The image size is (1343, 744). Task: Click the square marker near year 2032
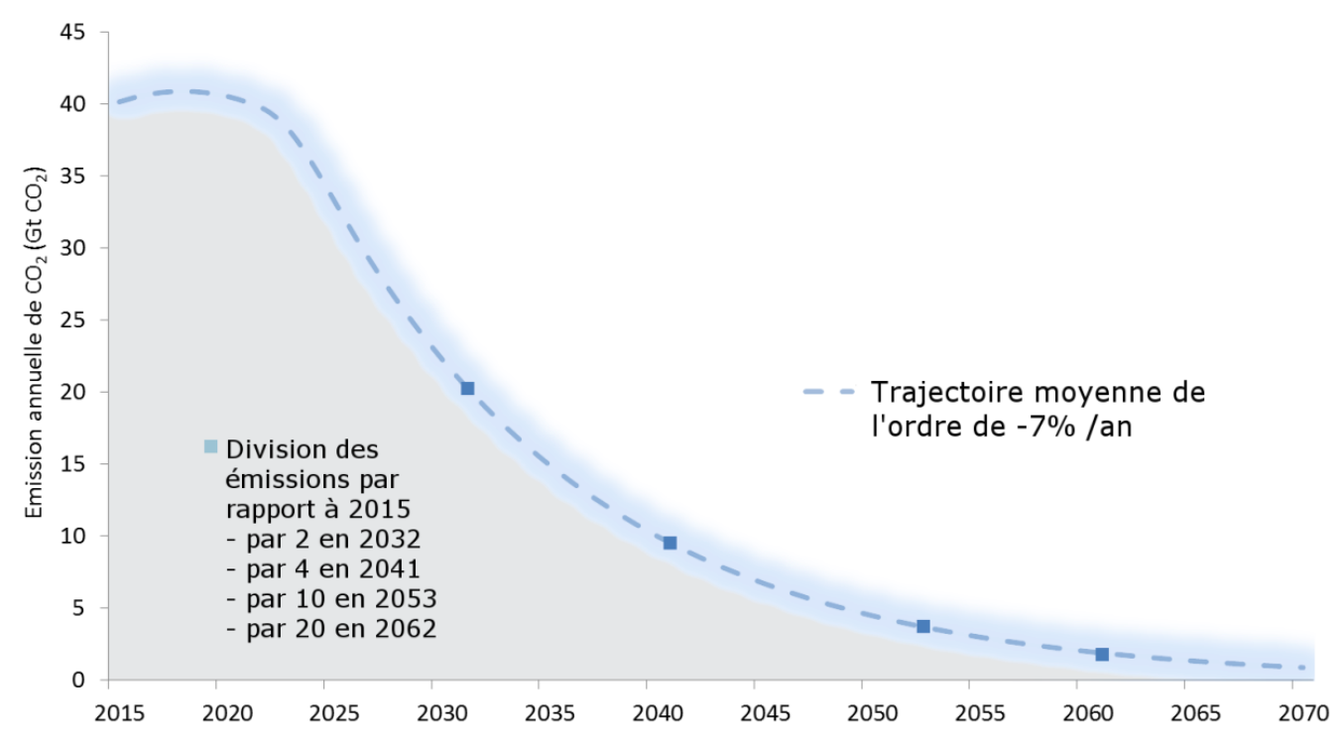tap(467, 388)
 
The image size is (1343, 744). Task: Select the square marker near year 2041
tap(670, 543)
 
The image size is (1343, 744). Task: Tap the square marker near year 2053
tap(923, 626)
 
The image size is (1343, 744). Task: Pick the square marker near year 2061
tap(1102, 654)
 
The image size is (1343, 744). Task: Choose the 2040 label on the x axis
tap(647, 713)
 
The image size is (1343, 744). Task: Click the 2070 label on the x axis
tap(1293, 713)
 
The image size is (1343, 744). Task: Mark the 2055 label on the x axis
tap(970, 713)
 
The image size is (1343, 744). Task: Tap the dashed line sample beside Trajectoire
tap(827, 393)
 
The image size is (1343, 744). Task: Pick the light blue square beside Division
tap(210, 446)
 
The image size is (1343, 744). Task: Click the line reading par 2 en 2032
tap(323, 540)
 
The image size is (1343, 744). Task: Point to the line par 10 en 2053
tap(331, 599)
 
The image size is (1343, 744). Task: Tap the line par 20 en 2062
tap(331, 629)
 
